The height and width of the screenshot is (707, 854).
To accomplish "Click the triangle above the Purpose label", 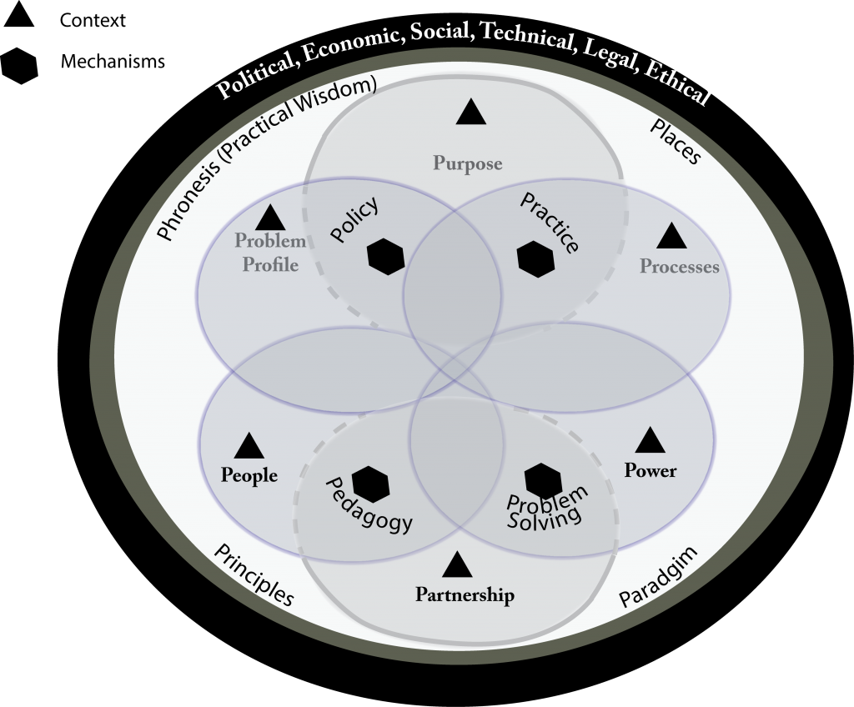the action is tap(470, 113).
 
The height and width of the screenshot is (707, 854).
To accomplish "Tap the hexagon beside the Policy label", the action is tap(386, 256).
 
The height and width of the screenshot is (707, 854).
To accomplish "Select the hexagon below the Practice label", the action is tap(536, 259).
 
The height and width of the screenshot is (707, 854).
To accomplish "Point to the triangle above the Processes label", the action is tap(671, 236).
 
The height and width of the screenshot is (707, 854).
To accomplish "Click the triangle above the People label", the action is tap(249, 446).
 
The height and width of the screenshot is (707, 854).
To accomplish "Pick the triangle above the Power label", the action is tap(651, 440).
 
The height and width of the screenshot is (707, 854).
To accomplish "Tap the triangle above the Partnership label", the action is tap(458, 564).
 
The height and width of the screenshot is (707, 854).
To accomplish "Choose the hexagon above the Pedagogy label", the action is tap(371, 484).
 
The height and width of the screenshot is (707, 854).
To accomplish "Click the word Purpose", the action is tap(468, 163).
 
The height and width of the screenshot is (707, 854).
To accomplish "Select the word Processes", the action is tap(679, 266).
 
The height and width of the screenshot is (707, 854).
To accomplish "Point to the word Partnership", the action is tap(465, 594).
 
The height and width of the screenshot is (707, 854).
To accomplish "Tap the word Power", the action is tap(651, 470).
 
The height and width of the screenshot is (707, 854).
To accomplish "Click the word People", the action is tap(249, 475).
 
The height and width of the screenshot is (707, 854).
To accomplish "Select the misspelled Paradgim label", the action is tap(659, 576).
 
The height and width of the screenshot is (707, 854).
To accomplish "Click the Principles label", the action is tap(254, 574).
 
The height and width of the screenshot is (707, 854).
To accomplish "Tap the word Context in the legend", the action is tap(93, 20).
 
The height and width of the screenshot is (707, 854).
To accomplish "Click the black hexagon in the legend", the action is tap(20, 66).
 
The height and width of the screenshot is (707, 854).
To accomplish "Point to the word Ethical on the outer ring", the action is tap(677, 85).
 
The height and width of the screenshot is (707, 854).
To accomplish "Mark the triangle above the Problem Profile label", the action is tap(270, 218).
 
